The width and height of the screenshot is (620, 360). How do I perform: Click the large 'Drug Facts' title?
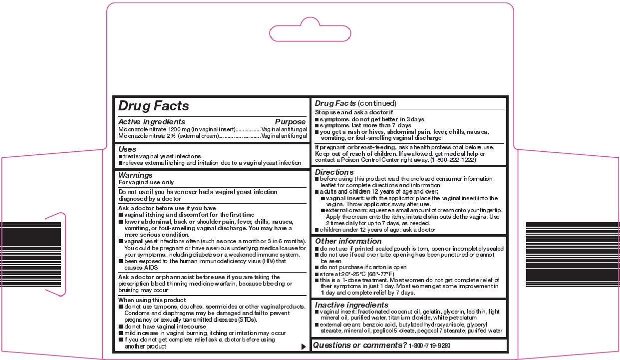pos(153,106)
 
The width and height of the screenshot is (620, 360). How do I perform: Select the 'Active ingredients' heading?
pos(152,122)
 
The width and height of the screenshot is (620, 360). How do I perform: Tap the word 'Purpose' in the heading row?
pos(290,122)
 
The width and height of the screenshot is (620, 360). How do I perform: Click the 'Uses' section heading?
pos(127,149)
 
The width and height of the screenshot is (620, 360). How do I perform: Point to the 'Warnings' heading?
pos(135,175)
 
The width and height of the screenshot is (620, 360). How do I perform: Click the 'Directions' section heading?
pos(334,172)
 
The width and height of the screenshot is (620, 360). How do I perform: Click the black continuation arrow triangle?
pos(304,347)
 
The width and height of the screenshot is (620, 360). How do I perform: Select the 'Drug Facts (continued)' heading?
pos(355,103)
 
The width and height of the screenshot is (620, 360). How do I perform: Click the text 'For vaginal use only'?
pos(146,183)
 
